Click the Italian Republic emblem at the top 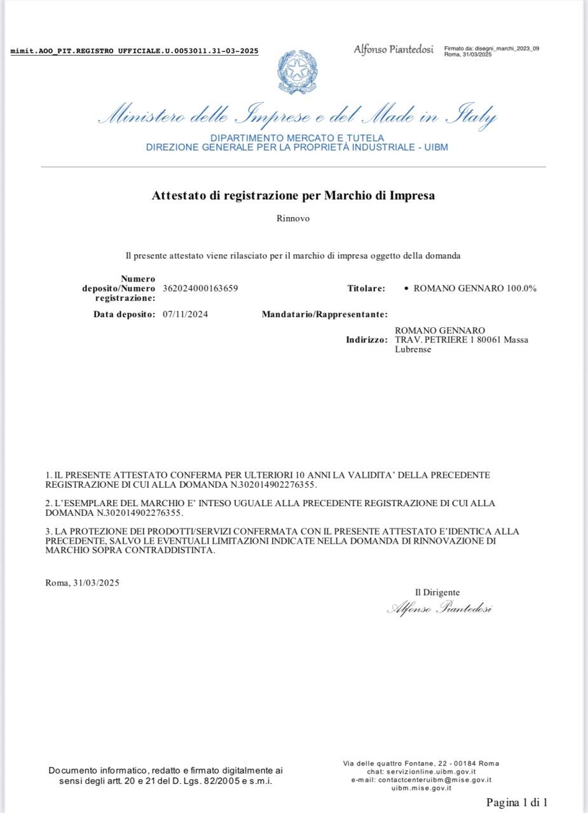(297, 71)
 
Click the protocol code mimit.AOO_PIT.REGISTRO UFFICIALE (134, 51)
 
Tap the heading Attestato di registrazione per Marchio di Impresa (293, 196)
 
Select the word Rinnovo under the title (293, 218)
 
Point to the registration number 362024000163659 (200, 288)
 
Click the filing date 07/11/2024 (186, 314)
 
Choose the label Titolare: (366, 288)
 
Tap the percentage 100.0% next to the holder (521, 288)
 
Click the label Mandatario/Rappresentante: (324, 314)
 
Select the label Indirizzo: (367, 340)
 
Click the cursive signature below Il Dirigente (439, 608)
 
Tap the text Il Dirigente (437, 593)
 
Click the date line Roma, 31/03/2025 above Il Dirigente (83, 583)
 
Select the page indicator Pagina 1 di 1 (516, 802)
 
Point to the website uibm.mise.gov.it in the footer (421, 788)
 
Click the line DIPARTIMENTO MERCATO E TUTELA (297, 138)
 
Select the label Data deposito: (124, 314)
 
